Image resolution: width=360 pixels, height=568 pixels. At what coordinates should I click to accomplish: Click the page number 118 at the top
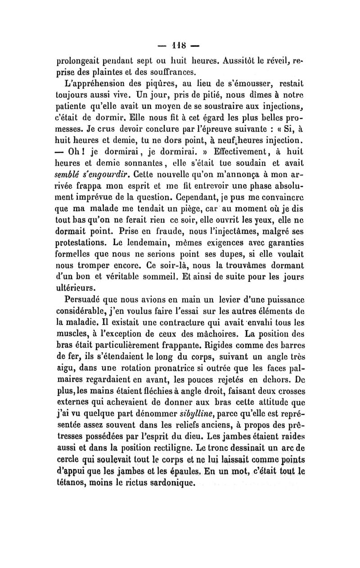(x=180, y=45)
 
